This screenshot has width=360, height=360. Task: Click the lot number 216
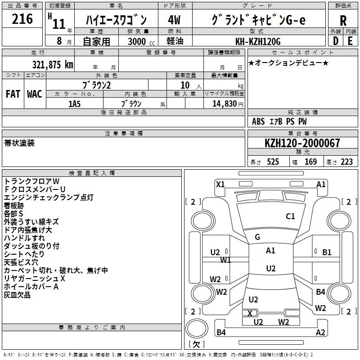tap(22, 19)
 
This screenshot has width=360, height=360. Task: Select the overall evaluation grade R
tap(343, 21)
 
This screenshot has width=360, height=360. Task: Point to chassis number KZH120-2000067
tap(302, 143)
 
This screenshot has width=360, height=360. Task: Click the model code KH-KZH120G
tap(258, 41)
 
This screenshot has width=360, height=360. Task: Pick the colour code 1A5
tap(74, 103)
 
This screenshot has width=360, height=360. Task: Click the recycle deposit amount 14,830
tap(224, 103)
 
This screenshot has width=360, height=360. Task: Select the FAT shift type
tap(13, 94)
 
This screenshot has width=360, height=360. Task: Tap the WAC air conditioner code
tap(34, 94)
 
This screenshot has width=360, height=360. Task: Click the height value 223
tap(346, 162)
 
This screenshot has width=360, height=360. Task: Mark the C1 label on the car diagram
tap(290, 216)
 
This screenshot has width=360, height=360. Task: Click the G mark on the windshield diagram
tap(257, 237)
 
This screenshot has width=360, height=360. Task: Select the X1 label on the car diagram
tap(220, 184)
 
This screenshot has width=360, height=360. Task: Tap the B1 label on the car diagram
tap(327, 252)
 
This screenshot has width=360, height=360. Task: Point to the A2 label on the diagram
tap(320, 333)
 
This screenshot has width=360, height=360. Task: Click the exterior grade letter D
tap(335, 41)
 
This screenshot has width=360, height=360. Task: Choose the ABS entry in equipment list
tap(258, 121)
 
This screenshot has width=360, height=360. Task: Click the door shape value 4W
tap(174, 20)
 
